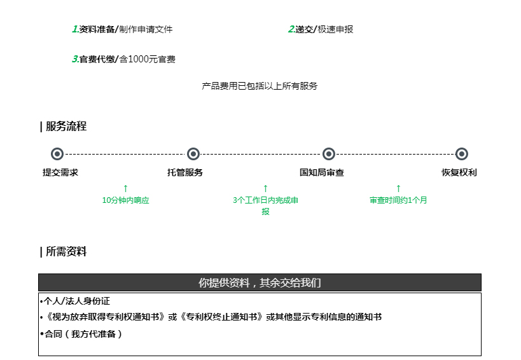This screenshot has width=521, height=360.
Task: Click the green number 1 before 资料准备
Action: tap(75, 29)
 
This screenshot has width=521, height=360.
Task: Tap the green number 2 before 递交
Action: tap(291, 29)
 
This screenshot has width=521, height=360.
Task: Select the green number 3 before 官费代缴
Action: tap(75, 59)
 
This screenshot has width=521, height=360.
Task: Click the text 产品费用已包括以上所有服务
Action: tap(260, 86)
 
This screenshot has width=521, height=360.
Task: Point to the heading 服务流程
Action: tap(66, 126)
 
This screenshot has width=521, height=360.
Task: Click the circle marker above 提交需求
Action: tap(57, 154)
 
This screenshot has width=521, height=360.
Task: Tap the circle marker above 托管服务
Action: tap(193, 154)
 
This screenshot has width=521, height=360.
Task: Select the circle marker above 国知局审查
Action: tap(329, 154)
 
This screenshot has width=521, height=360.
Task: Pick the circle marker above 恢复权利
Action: tap(462, 154)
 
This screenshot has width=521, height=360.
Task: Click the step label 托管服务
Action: tap(185, 172)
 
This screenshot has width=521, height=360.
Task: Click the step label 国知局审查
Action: tap(322, 172)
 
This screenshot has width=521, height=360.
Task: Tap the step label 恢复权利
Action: tap(459, 172)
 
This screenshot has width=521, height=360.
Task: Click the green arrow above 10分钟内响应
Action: tap(125, 189)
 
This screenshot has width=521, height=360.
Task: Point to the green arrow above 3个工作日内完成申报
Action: tap(265, 189)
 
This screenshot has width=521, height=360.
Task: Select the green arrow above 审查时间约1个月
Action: tap(398, 189)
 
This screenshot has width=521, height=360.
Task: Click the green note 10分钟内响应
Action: tap(125, 200)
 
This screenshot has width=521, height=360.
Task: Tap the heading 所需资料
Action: tap(66, 251)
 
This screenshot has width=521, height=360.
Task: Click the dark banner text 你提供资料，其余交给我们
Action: tap(260, 282)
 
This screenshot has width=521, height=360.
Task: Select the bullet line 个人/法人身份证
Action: tap(75, 301)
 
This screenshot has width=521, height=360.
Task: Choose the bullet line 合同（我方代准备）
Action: tap(81, 334)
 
